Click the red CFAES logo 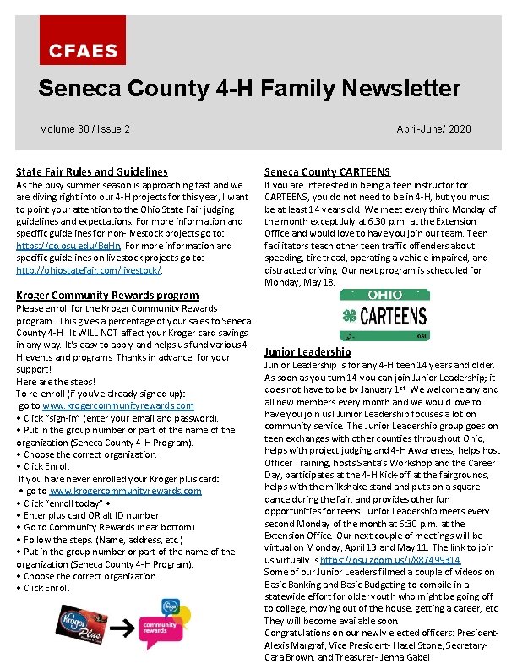click(82, 50)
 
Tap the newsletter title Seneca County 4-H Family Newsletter click(249, 88)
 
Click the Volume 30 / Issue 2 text click(84, 129)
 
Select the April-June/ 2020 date click(433, 129)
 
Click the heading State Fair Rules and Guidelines click(92, 171)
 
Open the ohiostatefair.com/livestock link click(89, 270)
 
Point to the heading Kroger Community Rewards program click(108, 296)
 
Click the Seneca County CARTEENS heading click(327, 171)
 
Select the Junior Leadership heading click(307, 351)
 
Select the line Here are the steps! click(52, 382)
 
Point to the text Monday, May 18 click(300, 283)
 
